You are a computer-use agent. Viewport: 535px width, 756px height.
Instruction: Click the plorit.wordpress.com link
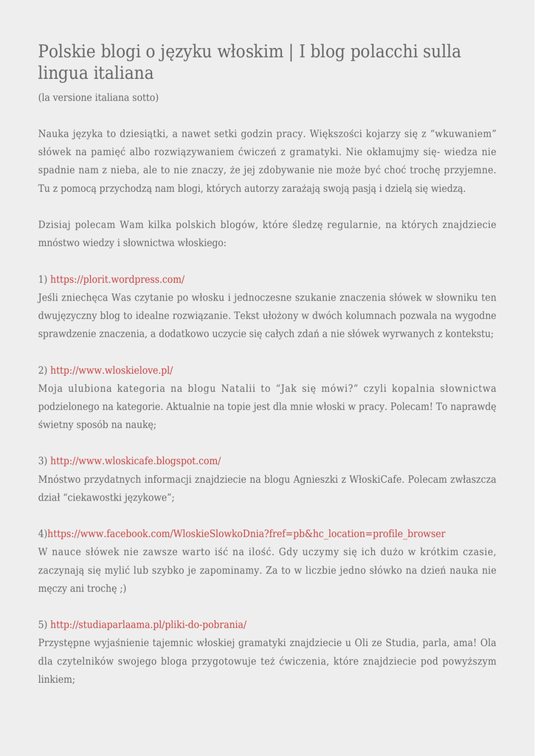(x=117, y=279)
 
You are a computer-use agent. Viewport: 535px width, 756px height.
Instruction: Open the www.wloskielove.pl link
(x=111, y=370)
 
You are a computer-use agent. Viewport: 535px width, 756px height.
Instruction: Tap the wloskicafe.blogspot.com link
(x=136, y=461)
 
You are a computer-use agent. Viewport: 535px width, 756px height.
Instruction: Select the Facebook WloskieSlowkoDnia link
(x=246, y=533)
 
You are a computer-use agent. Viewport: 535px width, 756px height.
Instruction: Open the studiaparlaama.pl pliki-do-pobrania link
(x=148, y=624)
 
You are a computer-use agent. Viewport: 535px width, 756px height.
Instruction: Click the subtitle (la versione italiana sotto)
(x=98, y=97)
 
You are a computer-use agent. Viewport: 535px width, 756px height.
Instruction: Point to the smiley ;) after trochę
(x=121, y=588)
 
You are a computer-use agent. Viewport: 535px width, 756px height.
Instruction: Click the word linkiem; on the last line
(x=57, y=679)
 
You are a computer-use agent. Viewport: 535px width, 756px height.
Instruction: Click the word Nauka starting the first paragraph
(x=53, y=134)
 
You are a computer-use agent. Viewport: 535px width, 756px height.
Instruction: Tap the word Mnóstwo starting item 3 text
(x=60, y=479)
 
